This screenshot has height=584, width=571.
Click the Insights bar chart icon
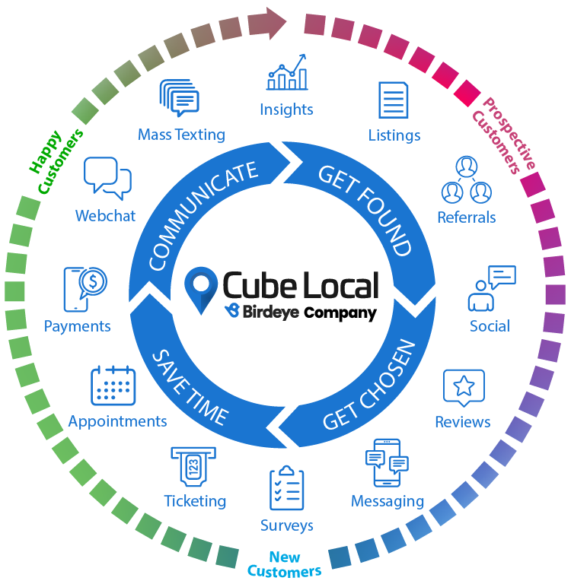(287, 72)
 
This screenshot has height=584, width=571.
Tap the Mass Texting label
(182, 135)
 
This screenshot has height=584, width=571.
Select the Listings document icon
(394, 100)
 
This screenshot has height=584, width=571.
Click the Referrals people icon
(467, 179)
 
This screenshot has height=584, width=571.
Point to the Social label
(490, 326)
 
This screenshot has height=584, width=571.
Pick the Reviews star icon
(464, 388)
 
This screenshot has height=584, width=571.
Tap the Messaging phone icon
(387, 463)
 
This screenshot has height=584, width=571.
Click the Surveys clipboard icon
(287, 487)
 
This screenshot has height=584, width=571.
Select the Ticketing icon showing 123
(193, 467)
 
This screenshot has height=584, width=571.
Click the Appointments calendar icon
(113, 385)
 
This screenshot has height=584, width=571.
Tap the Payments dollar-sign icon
(85, 289)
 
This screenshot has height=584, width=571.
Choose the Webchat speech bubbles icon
(107, 178)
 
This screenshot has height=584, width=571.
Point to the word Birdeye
(271, 312)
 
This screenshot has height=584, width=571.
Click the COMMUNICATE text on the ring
(203, 215)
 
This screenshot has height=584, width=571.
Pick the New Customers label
(284, 564)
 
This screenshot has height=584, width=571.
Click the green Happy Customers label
(56, 161)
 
